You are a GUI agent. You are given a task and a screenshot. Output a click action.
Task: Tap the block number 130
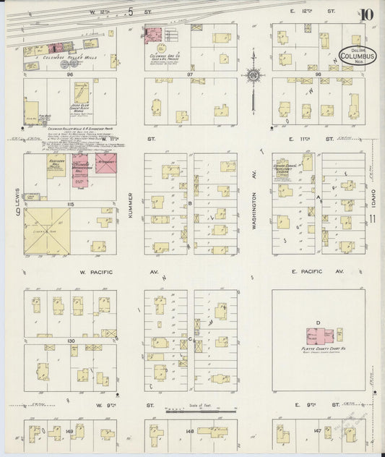71,340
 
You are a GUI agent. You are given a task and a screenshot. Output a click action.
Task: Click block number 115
71,206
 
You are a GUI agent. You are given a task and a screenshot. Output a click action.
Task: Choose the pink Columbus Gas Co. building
153,35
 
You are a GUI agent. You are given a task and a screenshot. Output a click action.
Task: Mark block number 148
191,432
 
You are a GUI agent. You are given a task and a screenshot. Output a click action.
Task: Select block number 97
191,74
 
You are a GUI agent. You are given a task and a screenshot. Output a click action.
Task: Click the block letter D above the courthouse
318,322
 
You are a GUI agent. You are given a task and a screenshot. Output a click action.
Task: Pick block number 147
318,431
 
